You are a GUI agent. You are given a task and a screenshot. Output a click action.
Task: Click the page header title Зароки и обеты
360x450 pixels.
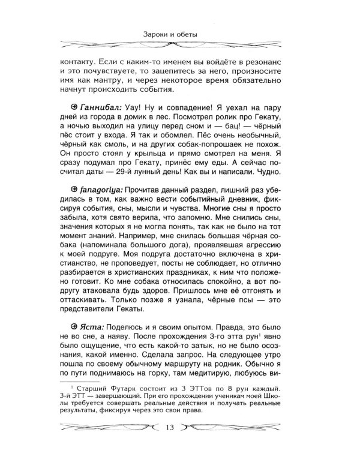pos(179,34)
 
